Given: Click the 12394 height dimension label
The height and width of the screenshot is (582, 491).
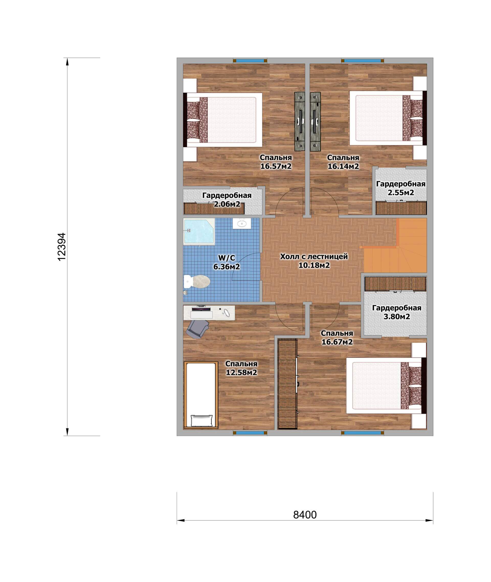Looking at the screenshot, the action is pyautogui.click(x=62, y=246).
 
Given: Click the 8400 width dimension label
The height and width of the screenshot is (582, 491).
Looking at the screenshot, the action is pyautogui.click(x=305, y=515).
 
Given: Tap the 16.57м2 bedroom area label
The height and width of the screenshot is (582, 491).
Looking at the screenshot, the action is pyautogui.click(x=276, y=166).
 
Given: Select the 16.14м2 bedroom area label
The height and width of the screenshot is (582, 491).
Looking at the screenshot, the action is pyautogui.click(x=343, y=166).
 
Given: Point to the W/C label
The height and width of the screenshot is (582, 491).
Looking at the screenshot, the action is pyautogui.click(x=227, y=258).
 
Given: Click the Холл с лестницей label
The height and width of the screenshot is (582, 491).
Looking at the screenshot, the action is pyautogui.click(x=314, y=257).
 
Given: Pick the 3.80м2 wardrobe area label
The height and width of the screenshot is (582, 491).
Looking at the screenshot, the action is pyautogui.click(x=397, y=317).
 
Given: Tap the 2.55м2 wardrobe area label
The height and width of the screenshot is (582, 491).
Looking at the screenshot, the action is pyautogui.click(x=401, y=192).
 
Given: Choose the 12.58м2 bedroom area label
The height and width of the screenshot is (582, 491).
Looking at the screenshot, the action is pyautogui.click(x=241, y=372).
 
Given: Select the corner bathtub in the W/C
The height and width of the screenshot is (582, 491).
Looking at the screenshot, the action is pyautogui.click(x=199, y=232).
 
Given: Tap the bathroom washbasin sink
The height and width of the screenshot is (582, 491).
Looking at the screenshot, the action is pyautogui.click(x=242, y=223).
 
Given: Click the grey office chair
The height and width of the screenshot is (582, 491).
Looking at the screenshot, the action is pyautogui.click(x=198, y=329).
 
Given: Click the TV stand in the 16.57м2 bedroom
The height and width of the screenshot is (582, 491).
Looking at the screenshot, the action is pyautogui.click(x=300, y=121).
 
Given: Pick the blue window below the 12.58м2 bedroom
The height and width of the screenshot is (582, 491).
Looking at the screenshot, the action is pyautogui.click(x=250, y=433).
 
